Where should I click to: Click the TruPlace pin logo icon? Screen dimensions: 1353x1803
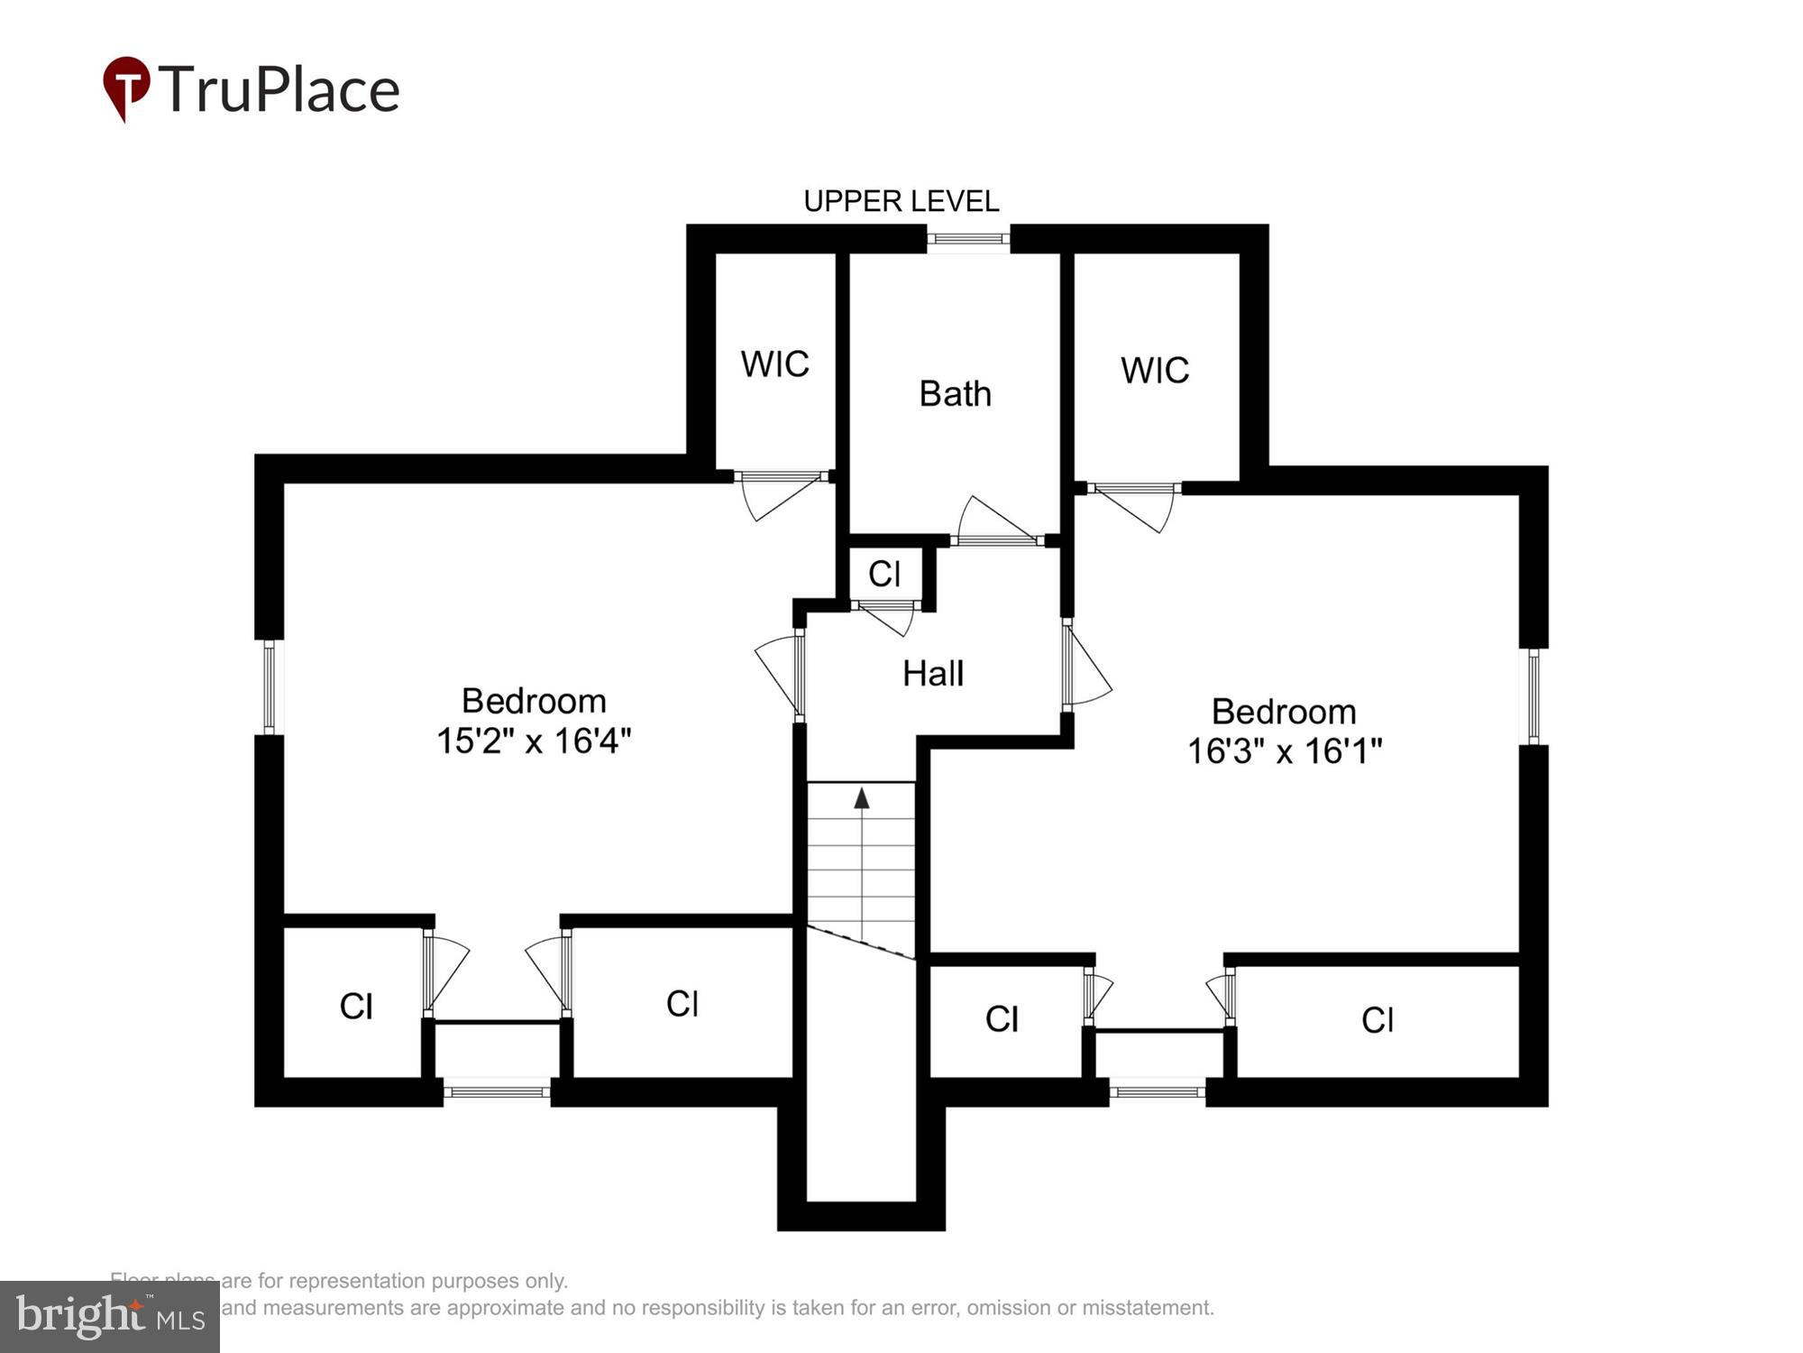tap(125, 87)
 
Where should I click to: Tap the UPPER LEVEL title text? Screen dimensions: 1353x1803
tap(901, 201)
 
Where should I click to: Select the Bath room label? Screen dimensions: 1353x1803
tap(955, 394)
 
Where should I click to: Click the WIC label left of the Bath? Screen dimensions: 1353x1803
tap(774, 364)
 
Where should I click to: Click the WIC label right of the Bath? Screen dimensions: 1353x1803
tap(1155, 371)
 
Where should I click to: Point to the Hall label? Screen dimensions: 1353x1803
tap(933, 674)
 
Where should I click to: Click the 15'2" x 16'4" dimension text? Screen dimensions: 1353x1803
tap(534, 741)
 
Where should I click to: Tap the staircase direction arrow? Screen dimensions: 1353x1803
tap(862, 798)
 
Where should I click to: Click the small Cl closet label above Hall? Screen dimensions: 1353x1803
tap(884, 574)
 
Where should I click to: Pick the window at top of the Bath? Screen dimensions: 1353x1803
tap(968, 239)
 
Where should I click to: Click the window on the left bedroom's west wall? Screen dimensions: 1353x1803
tap(269, 686)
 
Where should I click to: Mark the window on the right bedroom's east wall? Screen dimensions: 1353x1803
tap(1533, 696)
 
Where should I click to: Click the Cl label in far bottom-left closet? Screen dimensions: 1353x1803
tap(356, 1007)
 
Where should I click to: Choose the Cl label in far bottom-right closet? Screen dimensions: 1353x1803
tap(1377, 1020)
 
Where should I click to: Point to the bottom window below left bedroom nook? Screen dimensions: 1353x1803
tap(496, 1091)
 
